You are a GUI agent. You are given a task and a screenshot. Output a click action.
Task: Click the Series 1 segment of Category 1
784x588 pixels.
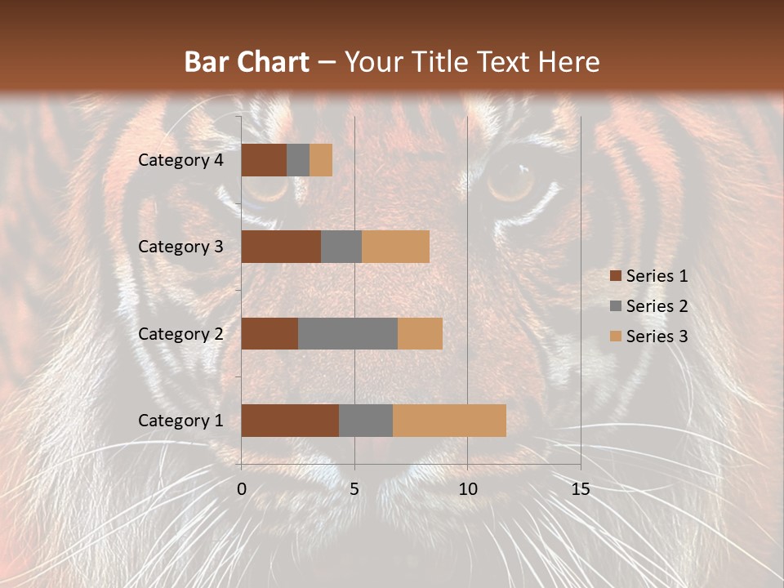290,421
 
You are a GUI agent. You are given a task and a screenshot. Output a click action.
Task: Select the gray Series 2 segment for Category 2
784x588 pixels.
348,333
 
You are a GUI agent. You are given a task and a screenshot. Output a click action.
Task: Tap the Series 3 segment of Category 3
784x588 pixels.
395,247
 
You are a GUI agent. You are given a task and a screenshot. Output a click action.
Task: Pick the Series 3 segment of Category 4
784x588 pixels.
321,160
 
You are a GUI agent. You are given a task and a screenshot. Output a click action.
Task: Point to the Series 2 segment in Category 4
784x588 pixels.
298,160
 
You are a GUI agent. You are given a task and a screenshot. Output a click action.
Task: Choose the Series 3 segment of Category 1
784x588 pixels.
449,421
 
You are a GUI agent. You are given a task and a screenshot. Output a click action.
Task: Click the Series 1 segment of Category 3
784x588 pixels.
281,247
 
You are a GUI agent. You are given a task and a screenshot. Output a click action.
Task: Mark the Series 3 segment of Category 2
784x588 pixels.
420,333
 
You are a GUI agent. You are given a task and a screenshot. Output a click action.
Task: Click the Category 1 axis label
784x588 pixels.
180,421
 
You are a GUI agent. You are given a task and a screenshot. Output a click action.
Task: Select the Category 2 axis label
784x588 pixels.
180,334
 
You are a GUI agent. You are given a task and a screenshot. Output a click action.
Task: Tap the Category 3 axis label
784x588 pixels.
180,247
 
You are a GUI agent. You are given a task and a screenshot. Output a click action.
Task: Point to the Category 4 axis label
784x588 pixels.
180,160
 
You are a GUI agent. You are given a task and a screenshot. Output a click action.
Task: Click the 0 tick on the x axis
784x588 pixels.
242,489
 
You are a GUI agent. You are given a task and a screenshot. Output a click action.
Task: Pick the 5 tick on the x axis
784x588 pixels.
354,489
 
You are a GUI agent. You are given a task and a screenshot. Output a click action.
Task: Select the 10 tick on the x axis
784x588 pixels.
467,489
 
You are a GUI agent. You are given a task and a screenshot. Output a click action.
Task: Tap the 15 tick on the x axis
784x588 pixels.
581,489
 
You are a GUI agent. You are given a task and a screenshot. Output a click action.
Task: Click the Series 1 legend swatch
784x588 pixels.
616,276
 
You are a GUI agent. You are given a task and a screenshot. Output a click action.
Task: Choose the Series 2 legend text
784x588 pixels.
657,306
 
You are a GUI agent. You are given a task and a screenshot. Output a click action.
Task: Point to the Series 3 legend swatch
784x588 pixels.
616,336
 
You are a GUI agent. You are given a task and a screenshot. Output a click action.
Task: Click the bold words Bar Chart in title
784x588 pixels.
247,62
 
